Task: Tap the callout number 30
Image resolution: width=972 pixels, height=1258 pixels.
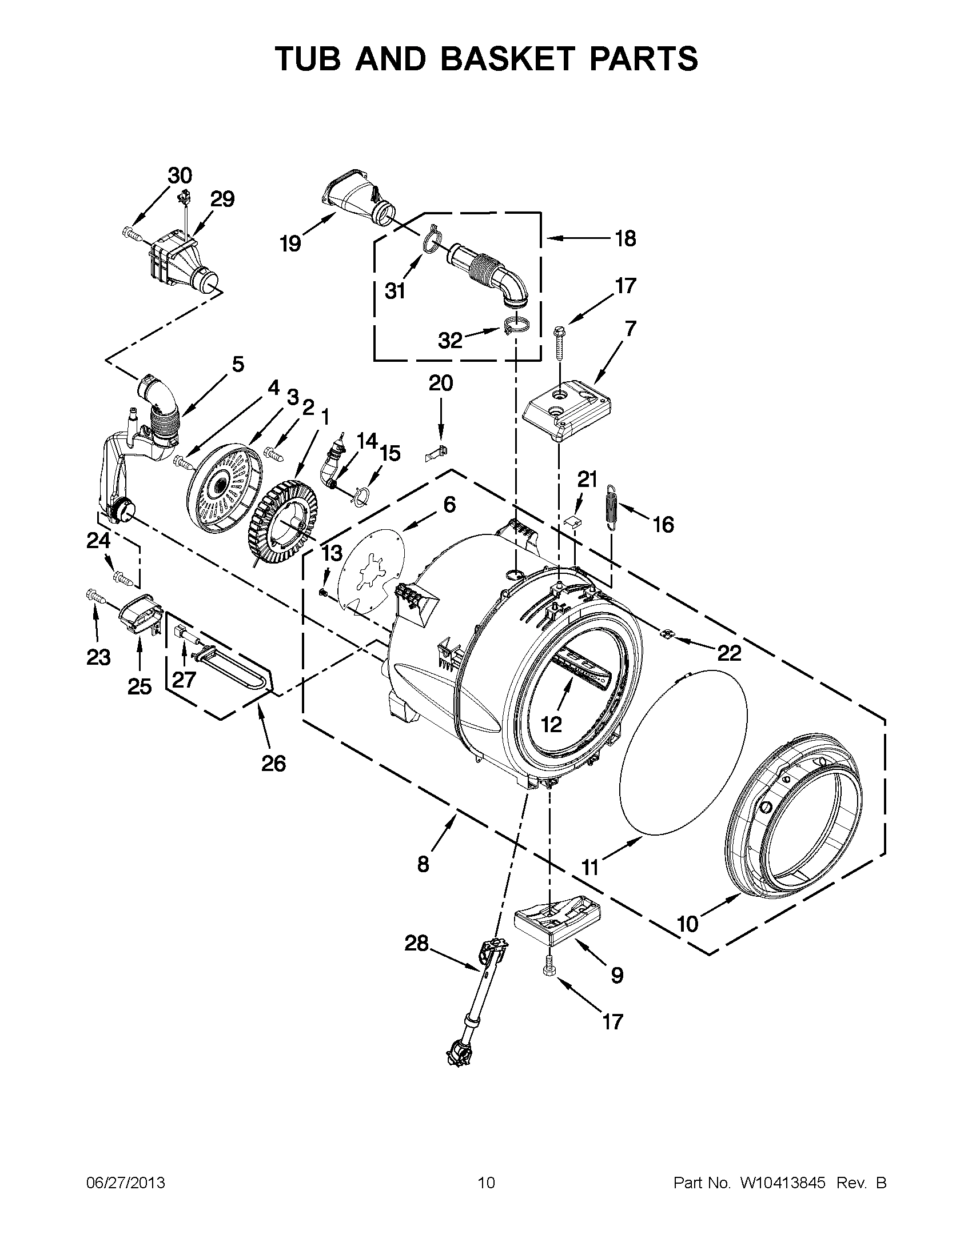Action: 180,175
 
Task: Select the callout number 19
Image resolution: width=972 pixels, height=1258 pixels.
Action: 290,244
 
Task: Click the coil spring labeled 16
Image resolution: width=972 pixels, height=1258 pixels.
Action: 612,506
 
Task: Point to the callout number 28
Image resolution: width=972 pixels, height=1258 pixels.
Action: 417,943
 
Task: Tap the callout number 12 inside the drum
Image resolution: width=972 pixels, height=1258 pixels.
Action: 551,725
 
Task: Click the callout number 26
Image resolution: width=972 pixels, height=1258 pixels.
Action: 273,764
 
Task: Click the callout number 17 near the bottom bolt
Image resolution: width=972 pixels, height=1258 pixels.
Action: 612,1021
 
